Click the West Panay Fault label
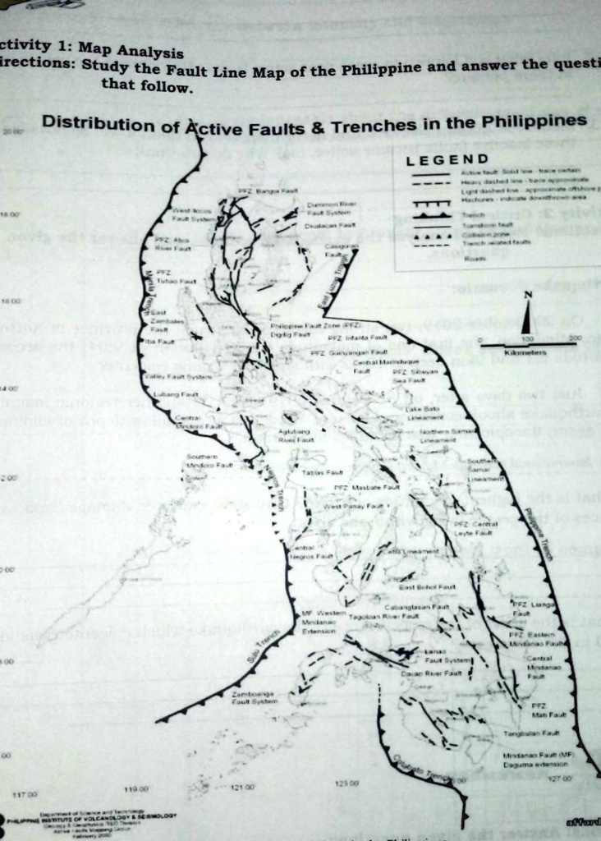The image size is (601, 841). click(x=355, y=506)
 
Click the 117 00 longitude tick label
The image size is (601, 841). click(x=23, y=795)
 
